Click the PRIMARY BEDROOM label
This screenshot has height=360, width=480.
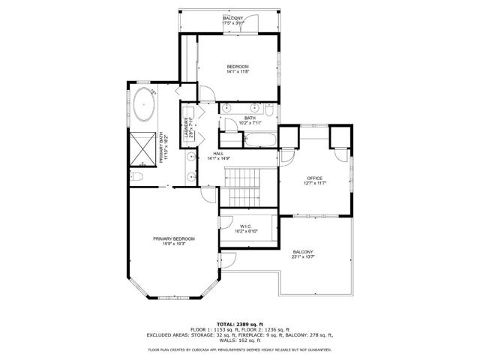coord(169,239)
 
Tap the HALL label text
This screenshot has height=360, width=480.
coord(217,154)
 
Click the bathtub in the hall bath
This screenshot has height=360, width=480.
coord(260,139)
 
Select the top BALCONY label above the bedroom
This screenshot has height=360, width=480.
coord(232,17)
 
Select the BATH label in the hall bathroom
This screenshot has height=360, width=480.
coord(250,117)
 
